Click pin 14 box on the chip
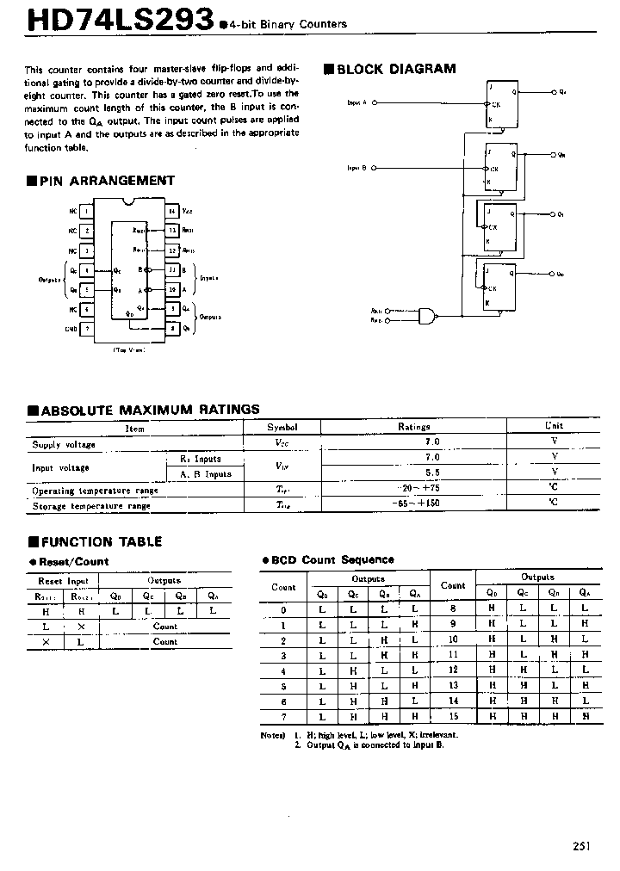(x=172, y=210)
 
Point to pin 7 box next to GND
(x=87, y=328)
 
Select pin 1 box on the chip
(x=87, y=210)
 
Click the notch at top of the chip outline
(x=130, y=202)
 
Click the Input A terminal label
(x=357, y=102)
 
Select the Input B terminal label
(x=357, y=168)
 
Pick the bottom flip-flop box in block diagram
(x=500, y=286)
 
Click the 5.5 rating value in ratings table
(x=431, y=473)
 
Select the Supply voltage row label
(x=64, y=444)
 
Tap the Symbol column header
(x=282, y=427)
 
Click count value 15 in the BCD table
(x=453, y=716)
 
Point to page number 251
(x=582, y=846)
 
